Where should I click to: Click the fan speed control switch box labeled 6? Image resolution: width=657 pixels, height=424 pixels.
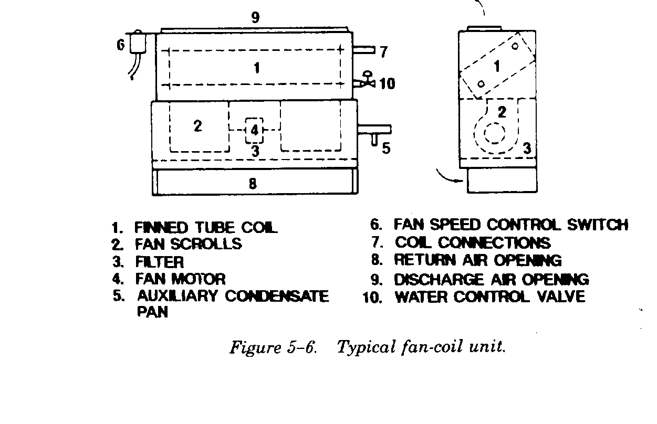coord(138,41)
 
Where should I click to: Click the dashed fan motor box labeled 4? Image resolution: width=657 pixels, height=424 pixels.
coord(254,129)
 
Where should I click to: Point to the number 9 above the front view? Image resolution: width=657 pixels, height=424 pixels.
coord(255,18)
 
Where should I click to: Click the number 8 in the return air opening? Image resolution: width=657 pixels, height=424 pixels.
coord(253,183)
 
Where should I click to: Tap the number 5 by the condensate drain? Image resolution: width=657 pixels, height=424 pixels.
coord(386,149)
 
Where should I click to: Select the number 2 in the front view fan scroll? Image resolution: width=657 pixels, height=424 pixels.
coord(197,126)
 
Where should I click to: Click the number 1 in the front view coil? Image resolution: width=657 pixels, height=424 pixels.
coord(256,68)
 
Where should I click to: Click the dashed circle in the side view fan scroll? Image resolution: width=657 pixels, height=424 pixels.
coord(494,133)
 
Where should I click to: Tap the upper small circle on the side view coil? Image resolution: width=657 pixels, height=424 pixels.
coord(515,46)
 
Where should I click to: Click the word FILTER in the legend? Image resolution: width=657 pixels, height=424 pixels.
coord(159,261)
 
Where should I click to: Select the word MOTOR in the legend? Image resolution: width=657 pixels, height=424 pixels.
coord(198,279)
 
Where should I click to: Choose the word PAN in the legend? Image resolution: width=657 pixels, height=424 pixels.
coord(152,313)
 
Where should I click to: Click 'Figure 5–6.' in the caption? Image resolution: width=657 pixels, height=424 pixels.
coord(273,348)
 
